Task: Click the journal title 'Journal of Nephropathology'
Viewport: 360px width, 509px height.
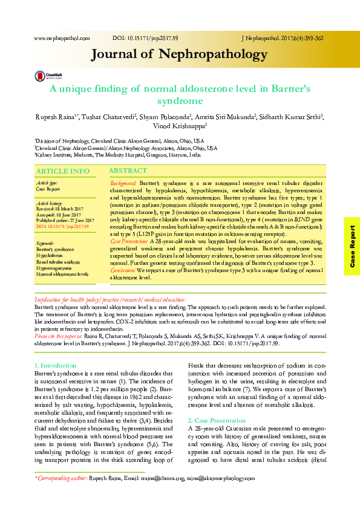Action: (179, 55)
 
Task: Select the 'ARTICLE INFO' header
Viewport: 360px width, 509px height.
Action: (64, 172)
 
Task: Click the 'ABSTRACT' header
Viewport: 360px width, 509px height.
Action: (128, 171)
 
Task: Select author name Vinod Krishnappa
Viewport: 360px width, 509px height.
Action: (179, 126)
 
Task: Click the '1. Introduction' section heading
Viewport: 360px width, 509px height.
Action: (55, 366)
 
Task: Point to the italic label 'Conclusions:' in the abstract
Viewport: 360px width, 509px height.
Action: (123, 271)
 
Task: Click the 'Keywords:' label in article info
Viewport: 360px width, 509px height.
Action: (45, 243)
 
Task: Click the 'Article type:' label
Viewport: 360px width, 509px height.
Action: (47, 183)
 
